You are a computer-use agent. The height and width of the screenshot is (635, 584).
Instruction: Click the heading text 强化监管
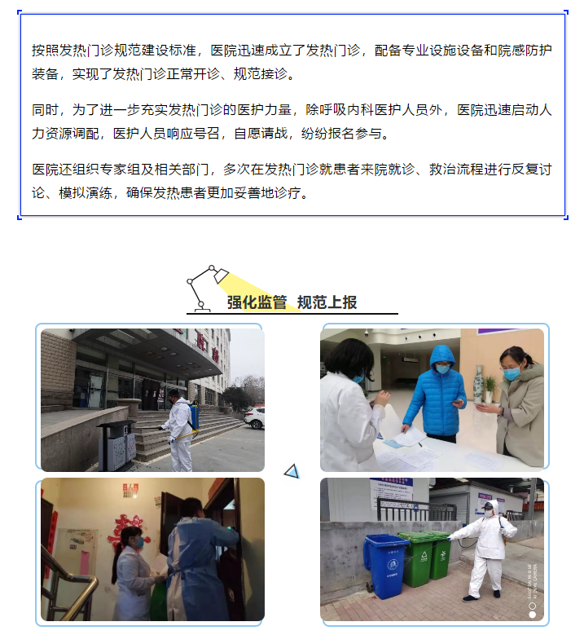[x=257, y=302]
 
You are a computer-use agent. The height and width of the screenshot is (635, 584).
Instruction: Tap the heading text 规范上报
[x=327, y=302]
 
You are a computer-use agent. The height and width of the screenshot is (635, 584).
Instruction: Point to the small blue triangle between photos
[x=292, y=470]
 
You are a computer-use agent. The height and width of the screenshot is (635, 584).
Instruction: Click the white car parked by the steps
[x=255, y=418]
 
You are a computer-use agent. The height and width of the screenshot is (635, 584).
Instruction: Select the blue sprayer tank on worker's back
[x=194, y=415]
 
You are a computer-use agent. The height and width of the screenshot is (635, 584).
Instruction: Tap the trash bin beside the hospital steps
[x=116, y=445]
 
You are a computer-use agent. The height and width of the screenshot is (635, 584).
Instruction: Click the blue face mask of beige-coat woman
[x=512, y=374]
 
